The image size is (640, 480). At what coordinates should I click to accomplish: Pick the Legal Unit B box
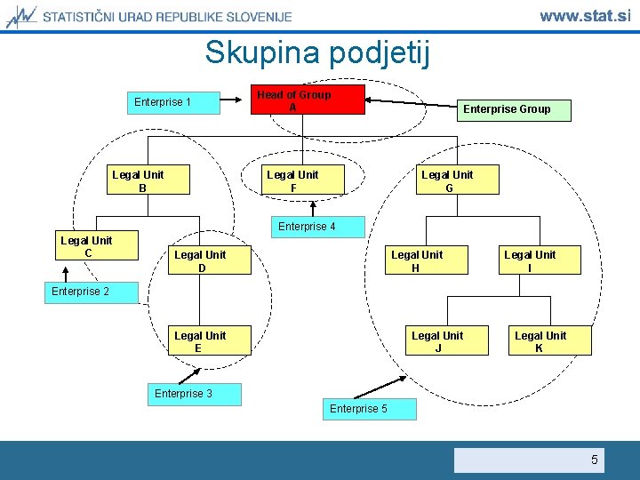(x=138, y=180)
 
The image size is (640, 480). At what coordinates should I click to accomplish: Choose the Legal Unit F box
(x=292, y=180)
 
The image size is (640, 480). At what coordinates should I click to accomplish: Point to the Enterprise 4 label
(x=307, y=227)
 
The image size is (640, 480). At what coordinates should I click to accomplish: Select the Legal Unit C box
(x=87, y=246)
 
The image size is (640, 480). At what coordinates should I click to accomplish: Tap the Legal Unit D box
(x=201, y=260)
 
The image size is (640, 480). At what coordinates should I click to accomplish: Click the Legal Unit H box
(x=417, y=260)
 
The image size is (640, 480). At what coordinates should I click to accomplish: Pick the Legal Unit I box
(x=530, y=260)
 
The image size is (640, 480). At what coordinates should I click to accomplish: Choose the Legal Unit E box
(x=201, y=341)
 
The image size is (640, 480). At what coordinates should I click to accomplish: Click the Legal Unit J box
(x=437, y=341)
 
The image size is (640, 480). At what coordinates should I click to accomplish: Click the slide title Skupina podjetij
(x=317, y=52)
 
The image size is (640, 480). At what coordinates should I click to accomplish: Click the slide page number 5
(x=595, y=460)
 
